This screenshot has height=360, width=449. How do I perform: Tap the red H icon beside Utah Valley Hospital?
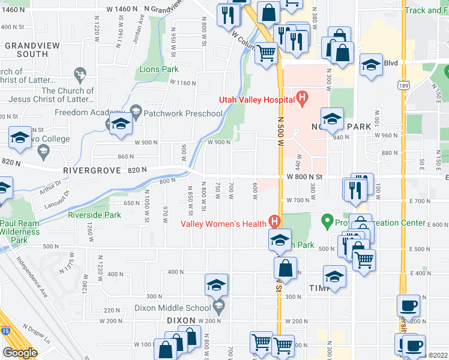pyautogui.click(x=302, y=96)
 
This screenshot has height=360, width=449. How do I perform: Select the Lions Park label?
pyautogui.click(x=159, y=70)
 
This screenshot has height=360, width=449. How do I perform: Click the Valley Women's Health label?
pyautogui.click(x=224, y=224)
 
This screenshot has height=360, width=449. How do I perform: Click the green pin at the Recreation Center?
pyautogui.click(x=327, y=221)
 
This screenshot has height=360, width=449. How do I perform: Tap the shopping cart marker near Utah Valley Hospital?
pyautogui.click(x=266, y=53)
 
